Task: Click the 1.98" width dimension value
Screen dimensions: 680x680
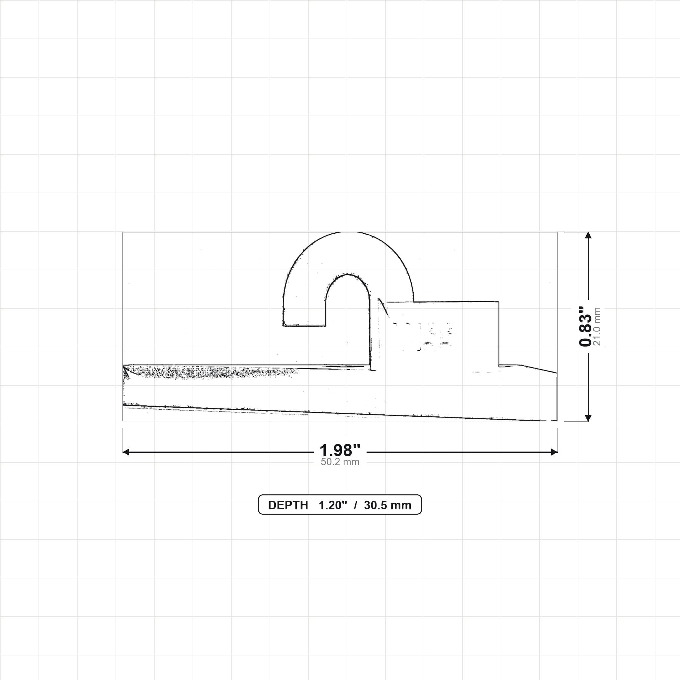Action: tap(340, 450)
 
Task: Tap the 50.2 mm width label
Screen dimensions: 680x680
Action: tap(340, 462)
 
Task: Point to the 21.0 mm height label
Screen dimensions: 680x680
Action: tap(597, 326)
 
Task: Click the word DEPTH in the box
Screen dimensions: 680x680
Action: tap(288, 505)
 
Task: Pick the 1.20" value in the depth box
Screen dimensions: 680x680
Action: tap(333, 505)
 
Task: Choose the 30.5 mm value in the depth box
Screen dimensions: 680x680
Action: tap(387, 505)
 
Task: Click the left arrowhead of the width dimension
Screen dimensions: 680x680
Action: tap(126, 452)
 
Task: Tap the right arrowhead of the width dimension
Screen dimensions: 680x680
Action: tap(554, 452)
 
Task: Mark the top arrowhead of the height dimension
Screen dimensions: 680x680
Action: tap(588, 235)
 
